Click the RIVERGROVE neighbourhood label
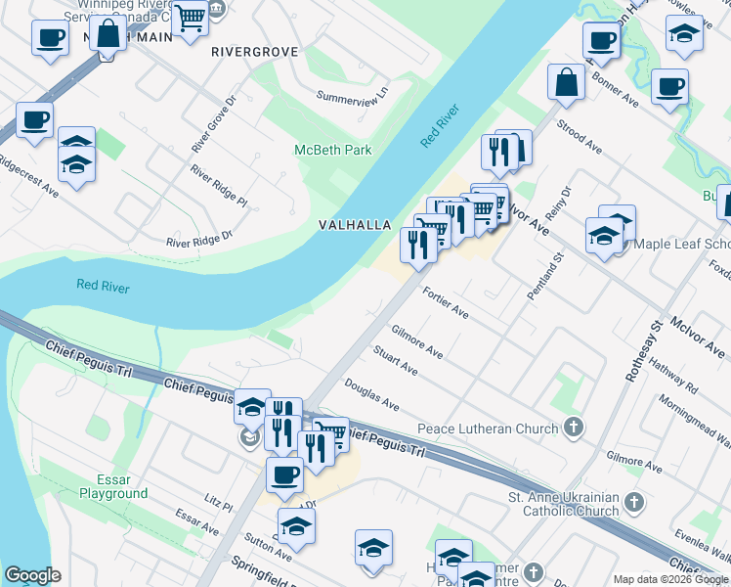[254, 51]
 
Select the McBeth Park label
[333, 150]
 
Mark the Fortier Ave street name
[446, 303]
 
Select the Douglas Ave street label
[371, 396]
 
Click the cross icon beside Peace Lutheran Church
[574, 428]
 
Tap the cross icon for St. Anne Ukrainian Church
[634, 503]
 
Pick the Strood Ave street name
[579, 137]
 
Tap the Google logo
[32, 574]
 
